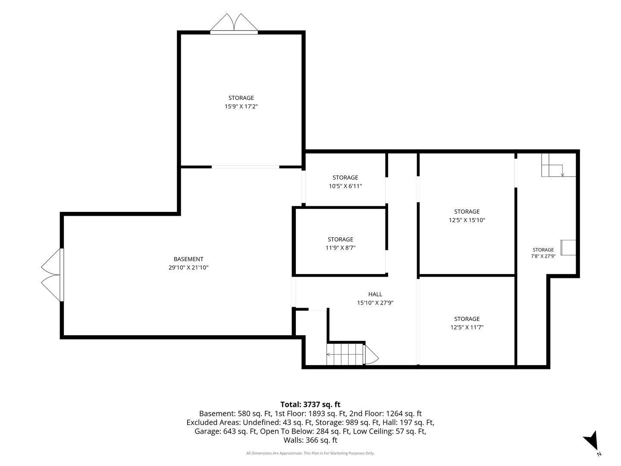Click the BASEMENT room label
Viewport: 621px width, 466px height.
188,259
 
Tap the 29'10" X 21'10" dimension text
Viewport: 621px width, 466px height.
188,268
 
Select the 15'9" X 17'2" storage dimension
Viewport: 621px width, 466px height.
241,107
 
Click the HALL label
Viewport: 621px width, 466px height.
375,294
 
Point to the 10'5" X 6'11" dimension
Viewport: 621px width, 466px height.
345,186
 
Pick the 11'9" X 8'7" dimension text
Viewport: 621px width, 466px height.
340,248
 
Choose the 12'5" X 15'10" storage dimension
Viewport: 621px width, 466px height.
467,220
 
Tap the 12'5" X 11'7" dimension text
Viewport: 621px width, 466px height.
467,327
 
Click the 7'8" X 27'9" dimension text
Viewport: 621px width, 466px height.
543,256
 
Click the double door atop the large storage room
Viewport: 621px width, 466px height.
234,24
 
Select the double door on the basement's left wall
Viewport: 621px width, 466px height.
53,275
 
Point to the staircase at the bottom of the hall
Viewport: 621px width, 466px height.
345,354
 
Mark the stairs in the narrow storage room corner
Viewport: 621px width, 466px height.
558,165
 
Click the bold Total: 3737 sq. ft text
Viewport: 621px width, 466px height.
310,404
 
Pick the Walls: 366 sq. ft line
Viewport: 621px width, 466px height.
310,440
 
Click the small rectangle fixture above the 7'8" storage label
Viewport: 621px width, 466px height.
568,248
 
